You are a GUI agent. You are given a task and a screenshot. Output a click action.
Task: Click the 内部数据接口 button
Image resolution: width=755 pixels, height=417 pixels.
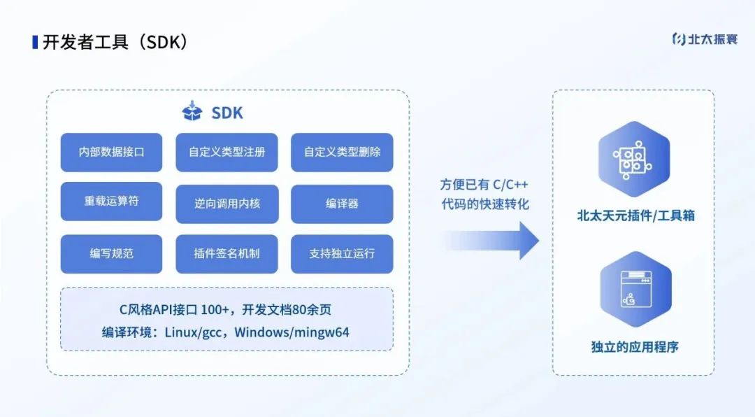click(111, 152)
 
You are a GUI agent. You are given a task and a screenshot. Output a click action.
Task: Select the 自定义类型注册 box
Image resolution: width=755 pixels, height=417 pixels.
click(226, 152)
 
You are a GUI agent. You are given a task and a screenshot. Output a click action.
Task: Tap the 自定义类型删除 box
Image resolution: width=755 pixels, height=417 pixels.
click(342, 152)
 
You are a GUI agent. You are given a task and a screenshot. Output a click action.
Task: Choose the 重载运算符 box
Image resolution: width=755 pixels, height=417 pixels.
click(111, 202)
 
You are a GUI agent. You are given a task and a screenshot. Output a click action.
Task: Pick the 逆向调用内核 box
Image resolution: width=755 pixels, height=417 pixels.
click(226, 204)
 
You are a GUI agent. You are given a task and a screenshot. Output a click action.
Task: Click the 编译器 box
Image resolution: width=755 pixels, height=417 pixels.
click(342, 204)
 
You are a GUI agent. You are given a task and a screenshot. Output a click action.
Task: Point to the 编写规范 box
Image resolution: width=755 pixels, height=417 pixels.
click(111, 253)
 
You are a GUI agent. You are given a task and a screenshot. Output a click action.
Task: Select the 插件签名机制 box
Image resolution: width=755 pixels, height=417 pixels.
click(226, 253)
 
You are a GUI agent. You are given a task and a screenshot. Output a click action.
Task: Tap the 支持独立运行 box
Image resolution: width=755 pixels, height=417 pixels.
click(342, 253)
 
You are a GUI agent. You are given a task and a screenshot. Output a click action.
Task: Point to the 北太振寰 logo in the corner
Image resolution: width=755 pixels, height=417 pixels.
click(704, 39)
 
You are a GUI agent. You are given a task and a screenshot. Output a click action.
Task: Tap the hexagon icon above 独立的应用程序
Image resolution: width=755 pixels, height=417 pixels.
click(634, 290)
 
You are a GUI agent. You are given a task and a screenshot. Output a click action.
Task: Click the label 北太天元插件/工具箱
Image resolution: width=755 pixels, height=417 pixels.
click(635, 216)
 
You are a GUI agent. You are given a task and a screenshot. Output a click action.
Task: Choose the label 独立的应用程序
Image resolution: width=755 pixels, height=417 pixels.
click(634, 346)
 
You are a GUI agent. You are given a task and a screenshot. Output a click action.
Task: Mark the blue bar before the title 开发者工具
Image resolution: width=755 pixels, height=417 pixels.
click(35, 42)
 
